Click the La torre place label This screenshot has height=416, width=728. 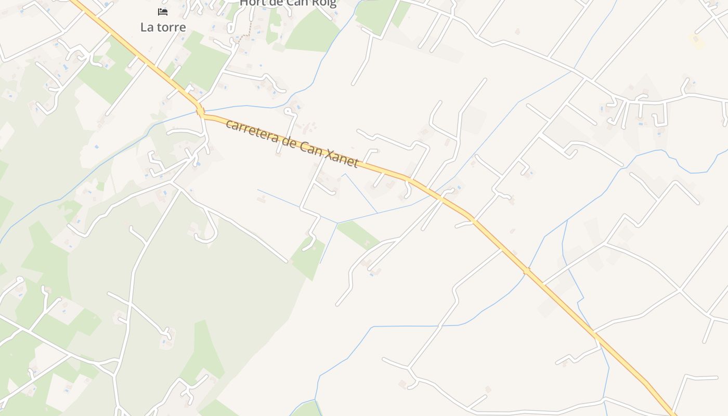[x=163, y=27]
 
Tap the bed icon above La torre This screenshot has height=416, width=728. [x=163, y=11]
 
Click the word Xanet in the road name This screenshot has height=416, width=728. [x=341, y=158]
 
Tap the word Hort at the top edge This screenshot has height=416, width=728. [x=253, y=3]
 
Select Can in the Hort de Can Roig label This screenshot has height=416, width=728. [x=294, y=3]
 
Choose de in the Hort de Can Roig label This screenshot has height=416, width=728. [x=275, y=3]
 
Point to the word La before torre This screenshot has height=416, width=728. [x=147, y=27]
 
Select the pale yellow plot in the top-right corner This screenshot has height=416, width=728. [x=696, y=41]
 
